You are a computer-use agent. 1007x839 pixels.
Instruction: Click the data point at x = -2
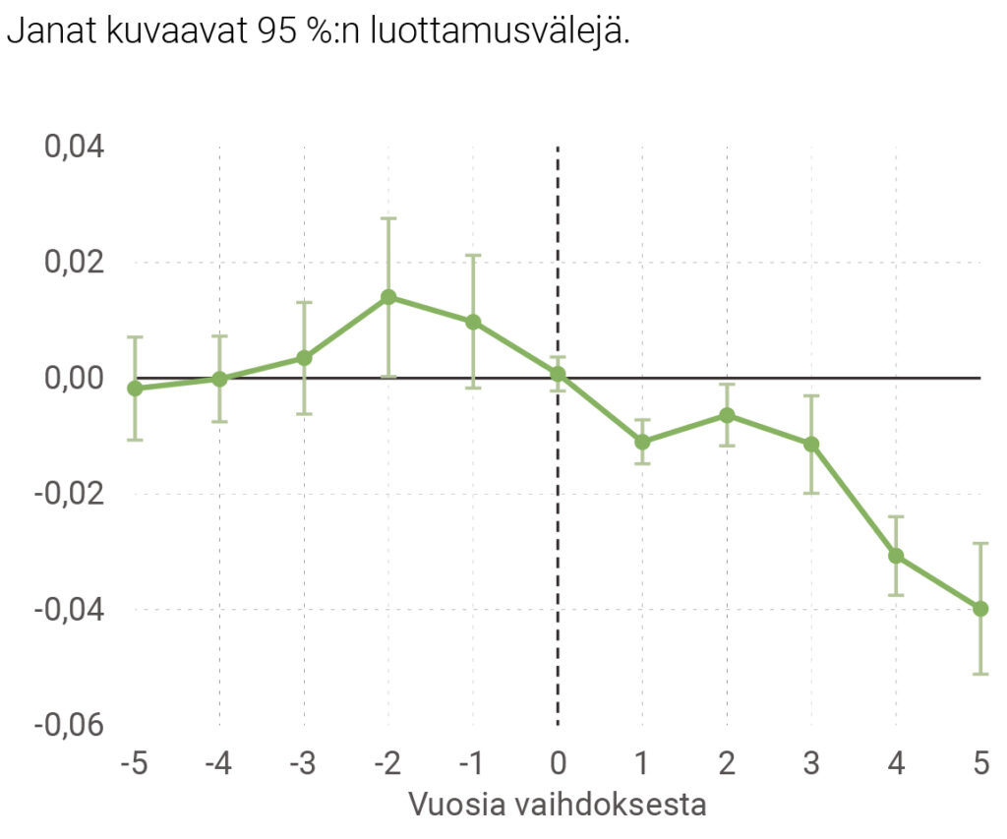coord(388,297)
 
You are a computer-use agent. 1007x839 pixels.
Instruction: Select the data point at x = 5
coord(980,609)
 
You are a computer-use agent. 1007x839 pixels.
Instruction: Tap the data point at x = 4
coord(896,556)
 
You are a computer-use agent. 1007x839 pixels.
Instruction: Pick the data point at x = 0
coord(558,374)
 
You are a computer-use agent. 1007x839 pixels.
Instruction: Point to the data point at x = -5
coord(135,389)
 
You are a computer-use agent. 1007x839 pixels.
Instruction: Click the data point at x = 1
coord(642,442)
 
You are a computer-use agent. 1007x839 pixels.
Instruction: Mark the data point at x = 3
coord(811,444)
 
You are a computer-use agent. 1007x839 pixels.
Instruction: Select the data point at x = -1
coord(473,322)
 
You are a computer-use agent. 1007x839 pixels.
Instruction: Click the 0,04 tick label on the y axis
coord(75,148)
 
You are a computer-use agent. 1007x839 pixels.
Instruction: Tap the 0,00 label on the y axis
coord(75,379)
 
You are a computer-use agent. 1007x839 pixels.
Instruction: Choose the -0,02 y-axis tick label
coord(69,494)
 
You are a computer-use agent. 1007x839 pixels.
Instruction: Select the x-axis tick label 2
coord(727,763)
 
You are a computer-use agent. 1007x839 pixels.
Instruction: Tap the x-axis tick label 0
coord(558,763)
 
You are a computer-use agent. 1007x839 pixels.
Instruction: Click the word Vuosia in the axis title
coord(453,805)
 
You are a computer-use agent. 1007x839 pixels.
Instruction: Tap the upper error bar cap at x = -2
coord(388,218)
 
